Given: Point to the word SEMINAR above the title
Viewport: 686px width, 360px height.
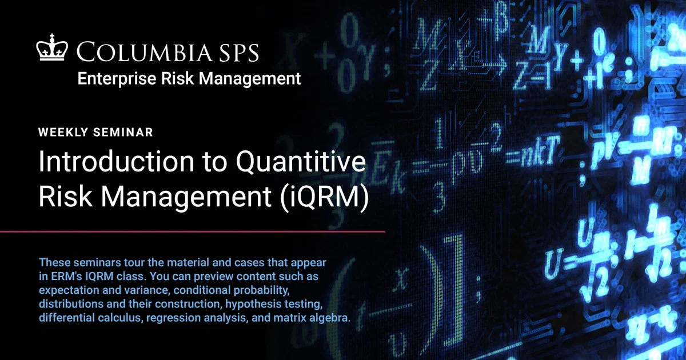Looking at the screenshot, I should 122,133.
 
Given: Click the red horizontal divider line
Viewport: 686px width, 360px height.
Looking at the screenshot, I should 192,232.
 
